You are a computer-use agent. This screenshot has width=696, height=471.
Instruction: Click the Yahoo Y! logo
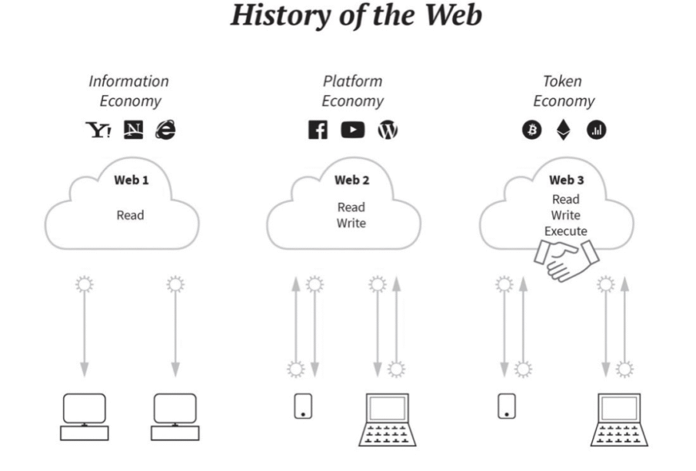[x=98, y=130]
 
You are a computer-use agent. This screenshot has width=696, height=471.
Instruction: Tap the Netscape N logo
[x=133, y=130]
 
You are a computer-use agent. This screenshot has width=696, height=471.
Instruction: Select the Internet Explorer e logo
[x=165, y=130]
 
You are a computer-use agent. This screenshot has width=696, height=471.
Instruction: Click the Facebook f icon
[x=318, y=130]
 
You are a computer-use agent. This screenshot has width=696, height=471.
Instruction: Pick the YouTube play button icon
[x=353, y=130]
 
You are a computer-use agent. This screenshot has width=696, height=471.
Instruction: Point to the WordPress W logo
[x=388, y=130]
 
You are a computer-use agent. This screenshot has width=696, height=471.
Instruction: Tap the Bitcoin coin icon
[x=531, y=130]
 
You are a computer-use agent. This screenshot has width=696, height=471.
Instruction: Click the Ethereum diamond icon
[x=564, y=130]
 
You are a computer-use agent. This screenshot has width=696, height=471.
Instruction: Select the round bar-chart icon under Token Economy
[x=596, y=130]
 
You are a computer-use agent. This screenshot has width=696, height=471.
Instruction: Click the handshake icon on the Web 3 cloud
[x=566, y=260]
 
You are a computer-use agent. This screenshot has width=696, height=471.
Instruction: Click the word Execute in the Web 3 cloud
[x=566, y=231]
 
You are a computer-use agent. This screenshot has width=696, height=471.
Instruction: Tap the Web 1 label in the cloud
[x=132, y=180]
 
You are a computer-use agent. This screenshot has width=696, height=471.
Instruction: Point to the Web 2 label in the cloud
[x=352, y=180]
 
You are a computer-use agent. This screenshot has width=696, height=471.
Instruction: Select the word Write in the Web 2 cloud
[x=351, y=223]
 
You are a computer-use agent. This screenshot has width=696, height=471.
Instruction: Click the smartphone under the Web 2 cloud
[x=303, y=406]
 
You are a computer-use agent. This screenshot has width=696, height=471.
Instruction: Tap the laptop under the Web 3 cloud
[x=619, y=420]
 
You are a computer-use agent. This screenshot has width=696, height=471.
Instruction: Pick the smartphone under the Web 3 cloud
[x=507, y=406]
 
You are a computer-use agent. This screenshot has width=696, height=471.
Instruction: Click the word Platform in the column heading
[x=352, y=81]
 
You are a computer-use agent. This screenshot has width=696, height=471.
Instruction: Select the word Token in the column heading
[x=562, y=81]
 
